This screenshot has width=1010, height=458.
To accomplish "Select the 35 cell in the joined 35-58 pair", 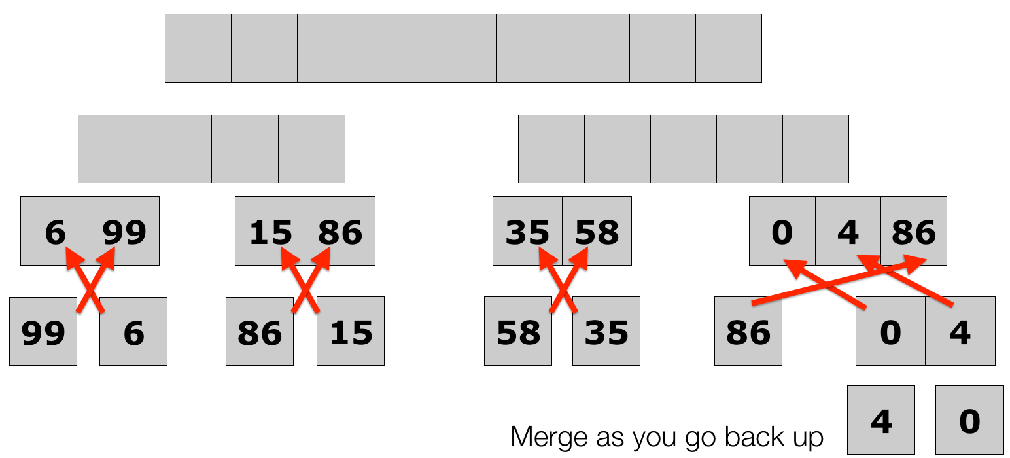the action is click(527, 232).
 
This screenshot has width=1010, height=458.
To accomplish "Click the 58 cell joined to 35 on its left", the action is click(597, 232).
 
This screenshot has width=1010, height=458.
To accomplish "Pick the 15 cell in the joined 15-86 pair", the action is click(270, 232).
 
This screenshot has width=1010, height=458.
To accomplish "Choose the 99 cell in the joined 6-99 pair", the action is click(124, 232).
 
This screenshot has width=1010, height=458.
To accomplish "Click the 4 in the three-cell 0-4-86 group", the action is click(848, 232).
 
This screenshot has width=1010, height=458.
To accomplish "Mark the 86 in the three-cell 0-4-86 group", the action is click(914, 232).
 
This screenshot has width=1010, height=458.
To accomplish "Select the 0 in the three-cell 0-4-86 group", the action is click(782, 232).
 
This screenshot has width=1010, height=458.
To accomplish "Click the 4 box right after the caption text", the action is click(881, 421).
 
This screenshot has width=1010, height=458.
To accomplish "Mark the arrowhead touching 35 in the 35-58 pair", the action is click(542, 256).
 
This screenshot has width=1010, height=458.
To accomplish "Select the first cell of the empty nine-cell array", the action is click(198, 48).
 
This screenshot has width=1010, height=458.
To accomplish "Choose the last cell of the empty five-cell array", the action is click(816, 149).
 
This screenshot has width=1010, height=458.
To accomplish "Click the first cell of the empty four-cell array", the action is click(111, 149).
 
